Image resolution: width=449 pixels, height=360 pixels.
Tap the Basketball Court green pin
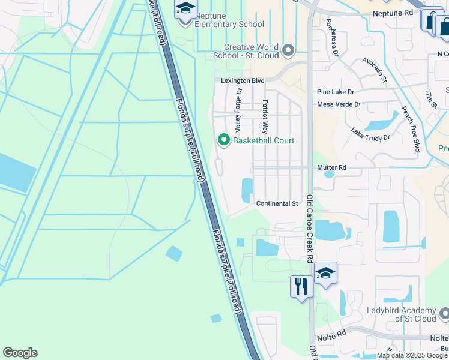224,140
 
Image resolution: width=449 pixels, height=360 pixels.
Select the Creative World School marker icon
288,50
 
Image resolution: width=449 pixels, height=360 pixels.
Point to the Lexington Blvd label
243,80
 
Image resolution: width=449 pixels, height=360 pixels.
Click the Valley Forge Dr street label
238,110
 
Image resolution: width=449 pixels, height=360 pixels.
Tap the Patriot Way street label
264,116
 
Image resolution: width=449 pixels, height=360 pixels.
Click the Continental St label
277,204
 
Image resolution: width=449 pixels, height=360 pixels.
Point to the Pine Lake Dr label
336,92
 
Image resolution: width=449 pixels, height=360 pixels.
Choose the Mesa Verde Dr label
339,104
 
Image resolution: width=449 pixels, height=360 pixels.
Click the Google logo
20,353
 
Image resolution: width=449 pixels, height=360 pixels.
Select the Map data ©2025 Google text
412,355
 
